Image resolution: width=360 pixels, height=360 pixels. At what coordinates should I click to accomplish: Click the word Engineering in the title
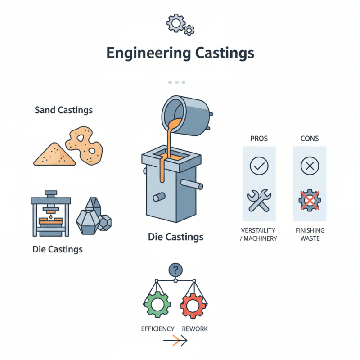click(142, 53)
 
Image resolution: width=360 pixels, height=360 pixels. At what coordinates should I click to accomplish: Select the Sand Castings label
click(63, 110)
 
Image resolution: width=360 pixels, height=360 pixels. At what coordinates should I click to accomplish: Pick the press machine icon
click(51, 215)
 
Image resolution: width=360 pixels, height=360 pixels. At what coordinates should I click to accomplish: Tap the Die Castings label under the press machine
click(58, 249)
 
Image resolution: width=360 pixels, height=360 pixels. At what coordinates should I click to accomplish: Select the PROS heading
click(259, 138)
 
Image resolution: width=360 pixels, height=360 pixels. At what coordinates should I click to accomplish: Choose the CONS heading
click(309, 138)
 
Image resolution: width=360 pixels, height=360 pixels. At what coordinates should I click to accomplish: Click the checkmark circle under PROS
click(259, 166)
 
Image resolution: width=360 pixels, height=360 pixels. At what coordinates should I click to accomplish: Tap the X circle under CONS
click(309, 166)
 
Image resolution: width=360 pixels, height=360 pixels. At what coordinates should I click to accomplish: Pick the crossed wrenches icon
click(259, 201)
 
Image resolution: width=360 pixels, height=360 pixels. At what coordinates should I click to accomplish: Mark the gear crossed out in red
click(310, 201)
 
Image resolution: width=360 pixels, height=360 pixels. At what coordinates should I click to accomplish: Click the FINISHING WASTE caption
click(310, 234)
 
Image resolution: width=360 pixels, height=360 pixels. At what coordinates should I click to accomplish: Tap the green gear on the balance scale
click(157, 305)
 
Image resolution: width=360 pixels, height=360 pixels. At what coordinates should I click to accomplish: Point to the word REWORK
click(195, 329)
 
